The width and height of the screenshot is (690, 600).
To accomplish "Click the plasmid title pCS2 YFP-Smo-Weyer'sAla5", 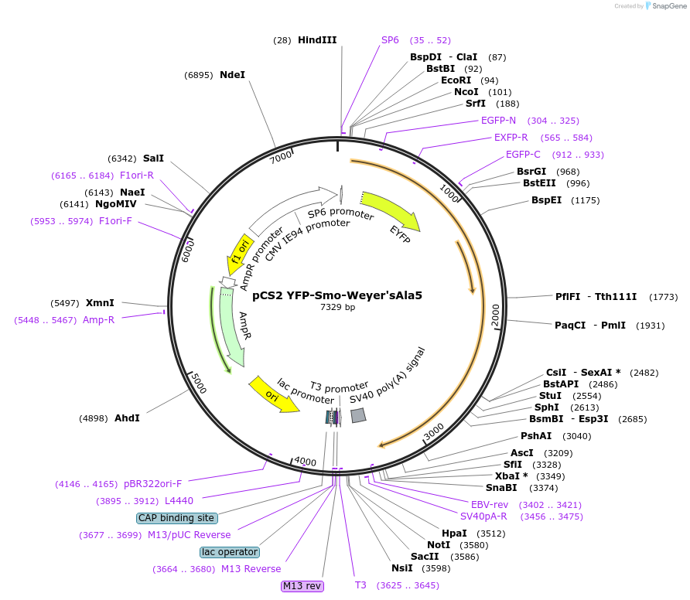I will tap(337, 295).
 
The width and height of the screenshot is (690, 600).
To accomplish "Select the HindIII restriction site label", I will tap(317, 40).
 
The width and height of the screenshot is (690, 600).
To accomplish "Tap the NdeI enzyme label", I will tap(232, 75).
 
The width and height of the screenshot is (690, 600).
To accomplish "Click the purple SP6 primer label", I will tap(390, 40).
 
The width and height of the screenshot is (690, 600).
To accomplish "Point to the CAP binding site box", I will tap(176, 518).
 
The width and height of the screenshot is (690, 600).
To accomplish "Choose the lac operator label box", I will tap(230, 552).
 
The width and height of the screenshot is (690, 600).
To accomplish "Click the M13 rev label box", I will tap(302, 586).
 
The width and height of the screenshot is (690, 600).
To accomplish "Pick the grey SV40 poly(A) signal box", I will tap(358, 415).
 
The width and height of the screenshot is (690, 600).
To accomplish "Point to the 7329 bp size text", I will tap(337, 308).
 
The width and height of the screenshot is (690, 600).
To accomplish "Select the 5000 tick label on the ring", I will tap(199, 382).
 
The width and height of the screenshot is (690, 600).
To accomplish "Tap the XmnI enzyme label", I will tap(100, 303).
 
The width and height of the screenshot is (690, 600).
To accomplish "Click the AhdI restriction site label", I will tap(127, 418).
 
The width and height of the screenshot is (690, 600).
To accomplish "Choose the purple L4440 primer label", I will tap(179, 501).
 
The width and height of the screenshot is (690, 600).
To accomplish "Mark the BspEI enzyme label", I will tap(546, 200).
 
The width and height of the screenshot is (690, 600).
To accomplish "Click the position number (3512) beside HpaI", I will tap(490, 534).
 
